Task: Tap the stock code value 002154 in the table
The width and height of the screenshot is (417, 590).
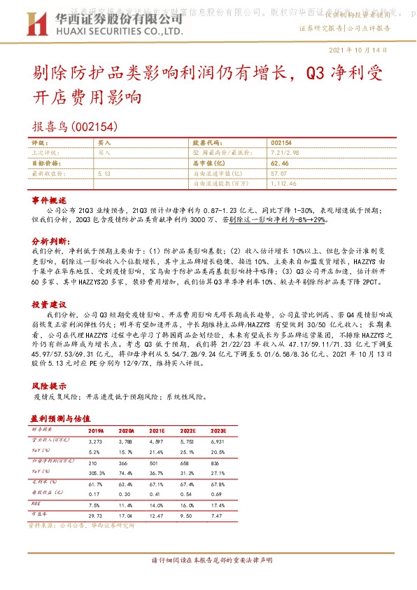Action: (x=281, y=142)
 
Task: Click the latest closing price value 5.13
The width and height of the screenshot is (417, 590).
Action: (x=105, y=172)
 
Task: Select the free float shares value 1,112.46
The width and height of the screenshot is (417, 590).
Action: (x=284, y=183)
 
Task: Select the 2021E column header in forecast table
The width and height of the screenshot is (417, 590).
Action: (x=157, y=431)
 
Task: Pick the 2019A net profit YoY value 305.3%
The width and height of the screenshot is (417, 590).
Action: (x=97, y=473)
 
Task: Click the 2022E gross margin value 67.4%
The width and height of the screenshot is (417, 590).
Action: (x=187, y=483)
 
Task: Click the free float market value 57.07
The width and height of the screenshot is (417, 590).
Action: (x=278, y=172)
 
